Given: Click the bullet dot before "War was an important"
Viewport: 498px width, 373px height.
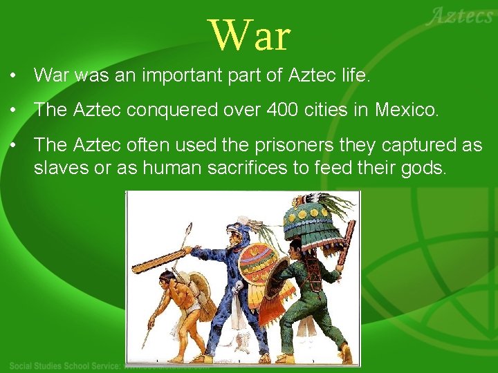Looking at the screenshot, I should [14, 75].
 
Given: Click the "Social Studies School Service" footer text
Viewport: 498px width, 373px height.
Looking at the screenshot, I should [66, 365].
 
